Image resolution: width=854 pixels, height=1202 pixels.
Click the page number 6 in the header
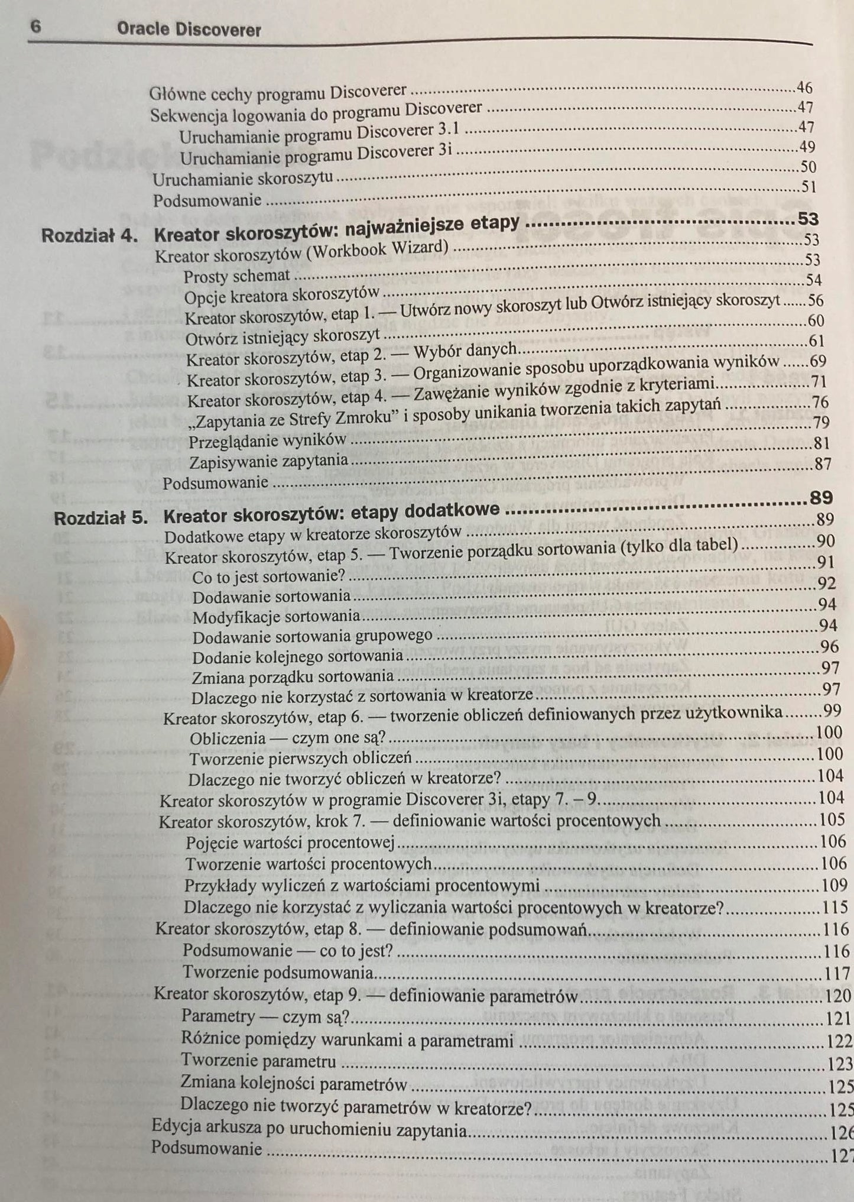click(35, 28)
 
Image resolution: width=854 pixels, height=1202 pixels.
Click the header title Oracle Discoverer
click(189, 30)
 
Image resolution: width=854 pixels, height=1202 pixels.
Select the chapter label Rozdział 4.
click(90, 235)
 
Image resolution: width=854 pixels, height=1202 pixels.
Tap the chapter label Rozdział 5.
click(101, 519)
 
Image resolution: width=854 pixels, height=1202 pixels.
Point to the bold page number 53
click(808, 219)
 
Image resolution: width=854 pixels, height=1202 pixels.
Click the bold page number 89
click(821, 498)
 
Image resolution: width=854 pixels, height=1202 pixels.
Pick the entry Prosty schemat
click(236, 276)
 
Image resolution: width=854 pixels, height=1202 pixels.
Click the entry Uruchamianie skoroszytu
click(242, 178)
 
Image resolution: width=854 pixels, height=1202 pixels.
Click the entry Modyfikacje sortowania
click(276, 617)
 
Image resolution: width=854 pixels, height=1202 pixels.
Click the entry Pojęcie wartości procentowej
click(290, 842)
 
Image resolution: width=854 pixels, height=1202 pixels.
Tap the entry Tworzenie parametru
click(258, 1061)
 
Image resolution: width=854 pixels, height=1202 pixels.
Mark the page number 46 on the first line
click(804, 88)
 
